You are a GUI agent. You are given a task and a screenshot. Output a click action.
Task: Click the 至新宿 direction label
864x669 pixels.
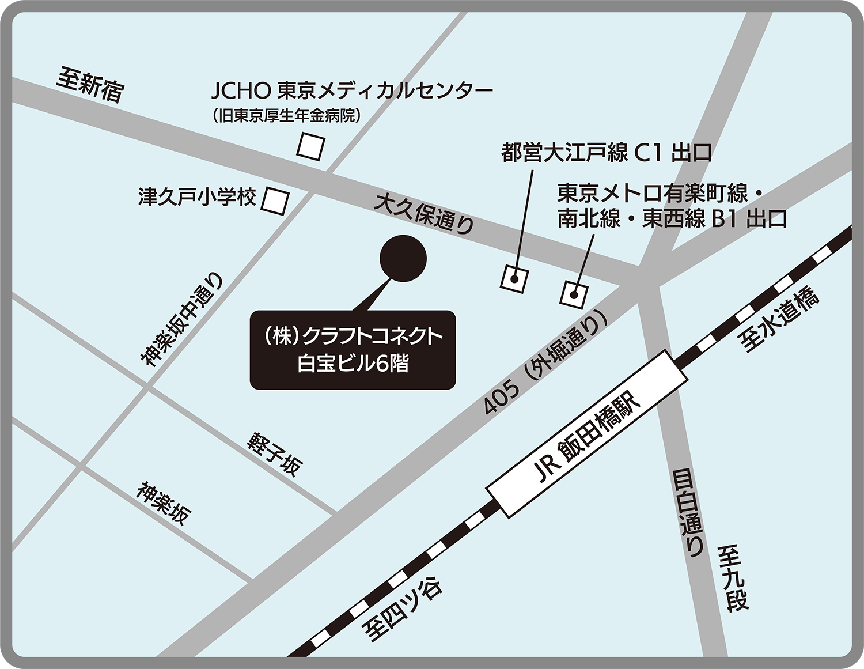click(x=90, y=85)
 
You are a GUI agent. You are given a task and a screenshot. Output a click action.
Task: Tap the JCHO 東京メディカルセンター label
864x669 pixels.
click(x=352, y=90)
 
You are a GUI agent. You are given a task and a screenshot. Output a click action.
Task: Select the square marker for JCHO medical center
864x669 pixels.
click(x=311, y=146)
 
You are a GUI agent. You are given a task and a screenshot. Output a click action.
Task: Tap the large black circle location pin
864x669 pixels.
click(x=403, y=258)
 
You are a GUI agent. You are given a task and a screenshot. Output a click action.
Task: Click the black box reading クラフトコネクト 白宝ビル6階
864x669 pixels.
click(x=353, y=350)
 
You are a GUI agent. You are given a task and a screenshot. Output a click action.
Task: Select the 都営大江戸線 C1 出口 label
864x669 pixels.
click(x=607, y=153)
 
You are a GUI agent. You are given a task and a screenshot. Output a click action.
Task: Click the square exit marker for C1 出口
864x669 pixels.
click(x=514, y=278)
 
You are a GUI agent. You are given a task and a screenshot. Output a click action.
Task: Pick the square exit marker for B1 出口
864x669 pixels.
click(x=574, y=294)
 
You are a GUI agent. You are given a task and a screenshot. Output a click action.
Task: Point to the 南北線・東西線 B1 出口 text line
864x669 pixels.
click(x=672, y=220)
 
